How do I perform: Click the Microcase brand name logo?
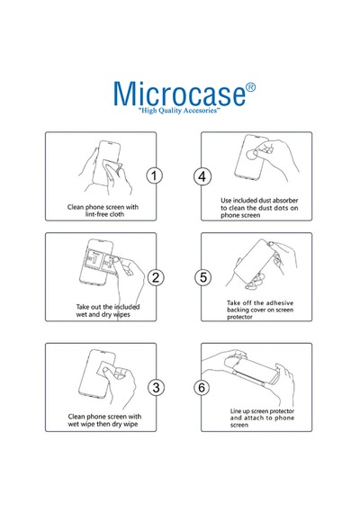pos(179,94)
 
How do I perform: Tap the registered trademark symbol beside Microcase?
pos(250,87)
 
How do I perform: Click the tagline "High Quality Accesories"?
pos(179,111)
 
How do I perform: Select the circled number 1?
pos(154,176)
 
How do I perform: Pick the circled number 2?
pos(156,277)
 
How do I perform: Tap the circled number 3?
pos(156,388)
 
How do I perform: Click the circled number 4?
pos(202,176)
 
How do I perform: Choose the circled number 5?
pos(203,277)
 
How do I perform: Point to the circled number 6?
pos(202,388)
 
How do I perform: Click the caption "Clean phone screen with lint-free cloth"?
pos(103,211)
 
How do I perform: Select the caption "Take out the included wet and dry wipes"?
pos(108,310)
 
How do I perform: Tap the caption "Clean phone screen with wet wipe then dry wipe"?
pos(104,420)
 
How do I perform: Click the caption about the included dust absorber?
pos(259,208)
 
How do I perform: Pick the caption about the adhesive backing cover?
pos(260,310)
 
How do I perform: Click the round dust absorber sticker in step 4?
pos(252,154)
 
